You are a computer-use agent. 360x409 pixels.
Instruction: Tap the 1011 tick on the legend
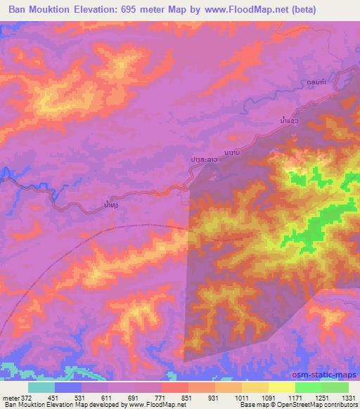click(x=241, y=397)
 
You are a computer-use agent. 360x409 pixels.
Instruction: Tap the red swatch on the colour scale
click(x=174, y=387)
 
